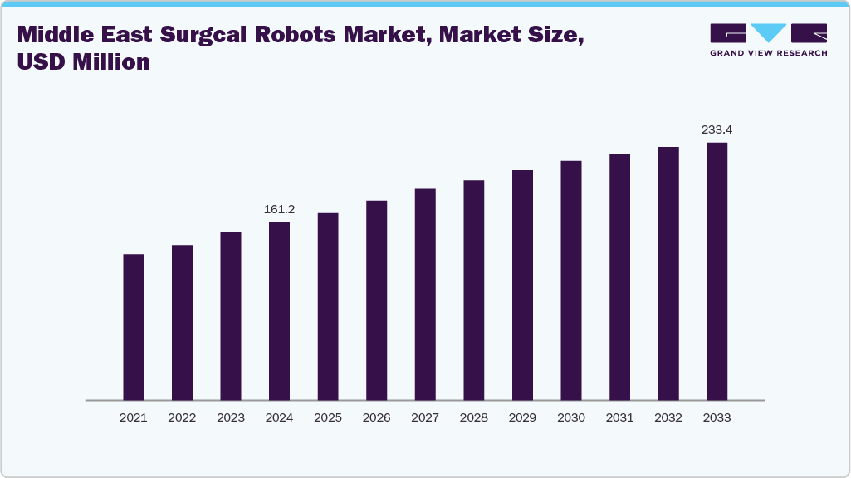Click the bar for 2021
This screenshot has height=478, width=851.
tap(133, 327)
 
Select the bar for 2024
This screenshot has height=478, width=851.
tap(279, 310)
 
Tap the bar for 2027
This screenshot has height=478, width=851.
tap(425, 295)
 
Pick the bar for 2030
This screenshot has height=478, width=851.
tap(571, 280)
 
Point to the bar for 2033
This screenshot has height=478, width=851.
tap(717, 271)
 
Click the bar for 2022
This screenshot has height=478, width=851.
tap(182, 322)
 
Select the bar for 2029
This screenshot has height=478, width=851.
tap(522, 285)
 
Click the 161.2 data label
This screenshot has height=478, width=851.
tap(279, 210)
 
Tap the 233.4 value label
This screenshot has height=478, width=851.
tap(717, 130)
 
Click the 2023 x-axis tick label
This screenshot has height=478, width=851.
tap(231, 418)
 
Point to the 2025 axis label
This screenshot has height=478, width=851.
tap(328, 418)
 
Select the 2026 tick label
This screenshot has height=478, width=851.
tap(376, 418)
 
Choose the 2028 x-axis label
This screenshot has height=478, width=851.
tap(474, 418)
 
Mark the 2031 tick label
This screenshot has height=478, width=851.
tap(619, 418)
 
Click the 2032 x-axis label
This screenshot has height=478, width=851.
tap(668, 418)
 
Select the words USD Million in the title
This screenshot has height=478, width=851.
tap(83, 62)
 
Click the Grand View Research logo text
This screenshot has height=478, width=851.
tap(768, 53)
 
